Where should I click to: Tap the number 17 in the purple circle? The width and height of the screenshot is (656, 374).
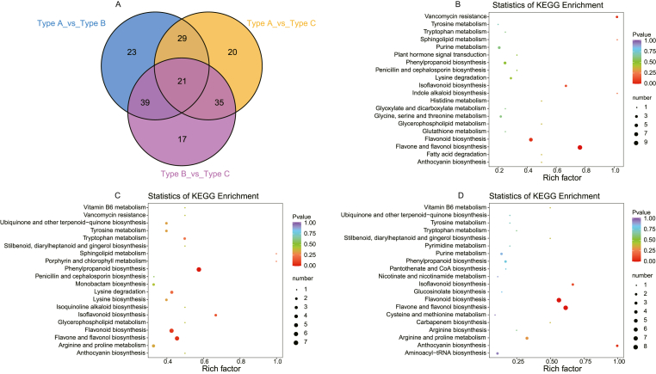click(x=132, y=138)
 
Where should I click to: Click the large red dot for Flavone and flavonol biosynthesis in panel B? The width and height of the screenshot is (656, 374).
click(x=579, y=148)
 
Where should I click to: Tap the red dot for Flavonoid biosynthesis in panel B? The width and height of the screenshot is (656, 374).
click(x=531, y=138)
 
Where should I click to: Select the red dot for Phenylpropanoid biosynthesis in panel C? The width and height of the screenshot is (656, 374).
click(x=199, y=269)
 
